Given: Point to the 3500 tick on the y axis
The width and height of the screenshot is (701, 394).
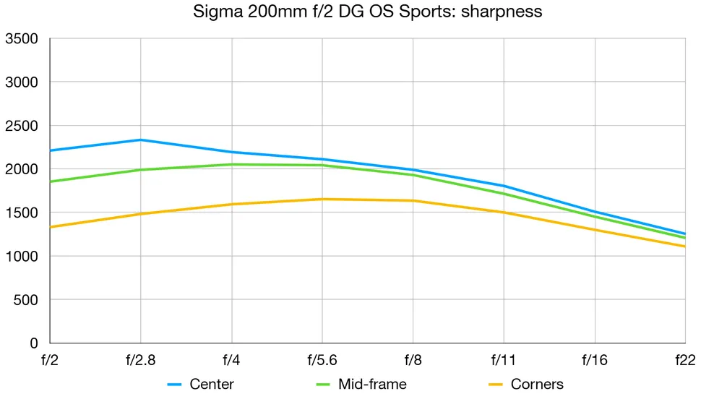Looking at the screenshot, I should (21, 39).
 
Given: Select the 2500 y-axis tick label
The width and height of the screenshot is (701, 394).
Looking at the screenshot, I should (21, 126).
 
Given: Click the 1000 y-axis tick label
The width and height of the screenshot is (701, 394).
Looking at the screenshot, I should (21, 256).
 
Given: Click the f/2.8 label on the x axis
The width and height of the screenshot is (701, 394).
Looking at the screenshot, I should (140, 359).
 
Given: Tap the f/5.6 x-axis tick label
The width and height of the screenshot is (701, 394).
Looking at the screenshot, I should (322, 359).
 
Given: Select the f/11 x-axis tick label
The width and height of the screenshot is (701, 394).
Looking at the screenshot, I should (504, 359).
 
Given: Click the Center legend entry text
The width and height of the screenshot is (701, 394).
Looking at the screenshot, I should (212, 384).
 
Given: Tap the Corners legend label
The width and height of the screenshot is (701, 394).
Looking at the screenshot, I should (537, 384).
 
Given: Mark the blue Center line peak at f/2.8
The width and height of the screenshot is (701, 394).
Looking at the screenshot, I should (141, 140).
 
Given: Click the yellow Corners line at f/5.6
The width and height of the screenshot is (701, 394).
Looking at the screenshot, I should (322, 199).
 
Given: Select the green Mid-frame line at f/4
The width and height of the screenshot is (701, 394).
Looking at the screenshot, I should (231, 164).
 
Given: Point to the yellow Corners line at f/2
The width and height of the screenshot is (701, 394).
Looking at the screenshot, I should (51, 227).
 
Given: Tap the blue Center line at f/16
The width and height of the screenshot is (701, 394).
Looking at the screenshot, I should (595, 212).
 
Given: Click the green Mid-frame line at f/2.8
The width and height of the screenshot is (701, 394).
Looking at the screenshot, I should (141, 170).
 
